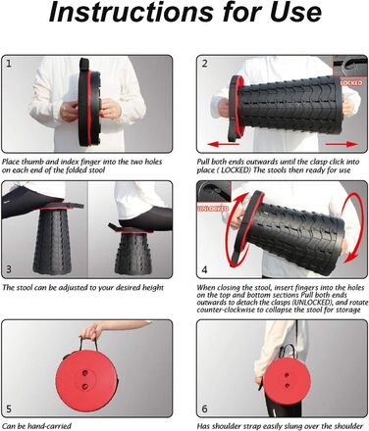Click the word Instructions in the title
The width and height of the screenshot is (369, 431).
tap(131, 13)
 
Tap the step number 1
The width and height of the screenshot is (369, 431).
tap(9, 64)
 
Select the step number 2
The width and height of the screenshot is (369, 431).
tap(204, 64)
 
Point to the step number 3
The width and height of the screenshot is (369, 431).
tap(9, 269)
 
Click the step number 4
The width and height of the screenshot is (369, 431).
tap(204, 269)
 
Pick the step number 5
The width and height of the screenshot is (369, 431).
tap(9, 408)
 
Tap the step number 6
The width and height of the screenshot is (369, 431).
tap(204, 408)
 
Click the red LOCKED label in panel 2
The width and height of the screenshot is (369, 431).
tap(351, 83)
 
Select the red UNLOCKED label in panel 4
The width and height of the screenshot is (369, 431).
tap(213, 209)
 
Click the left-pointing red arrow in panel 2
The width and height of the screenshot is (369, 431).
tap(224, 144)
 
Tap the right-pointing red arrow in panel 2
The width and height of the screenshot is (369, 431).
tap(342, 144)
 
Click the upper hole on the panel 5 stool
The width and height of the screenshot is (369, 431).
tap(85, 372)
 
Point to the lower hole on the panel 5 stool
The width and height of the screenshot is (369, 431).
tap(85, 387)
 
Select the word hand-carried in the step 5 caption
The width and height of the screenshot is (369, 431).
tap(49, 426)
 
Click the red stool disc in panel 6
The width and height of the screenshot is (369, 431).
tap(287, 380)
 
